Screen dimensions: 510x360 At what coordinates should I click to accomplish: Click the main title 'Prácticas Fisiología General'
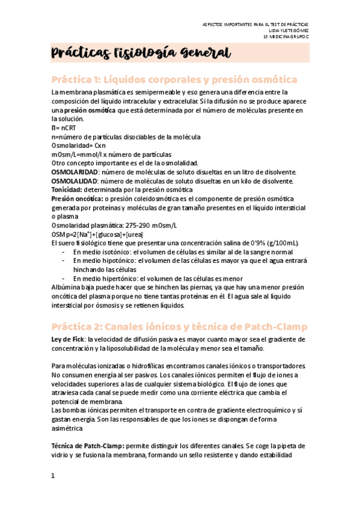pyautogui.click(x=141, y=54)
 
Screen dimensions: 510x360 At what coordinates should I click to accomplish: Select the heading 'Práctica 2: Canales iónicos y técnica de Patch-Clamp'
pyautogui.click(x=179, y=327)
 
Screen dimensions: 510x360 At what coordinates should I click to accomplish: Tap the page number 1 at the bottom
pyautogui.click(x=53, y=476)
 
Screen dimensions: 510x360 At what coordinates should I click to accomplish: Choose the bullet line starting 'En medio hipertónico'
pyautogui.click(x=157, y=278)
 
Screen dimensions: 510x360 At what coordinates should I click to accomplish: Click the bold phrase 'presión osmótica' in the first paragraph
pyautogui.click(x=91, y=111)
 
